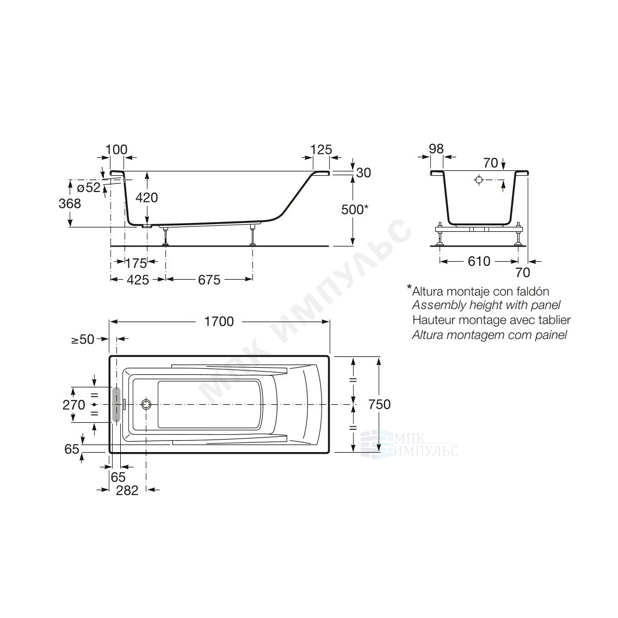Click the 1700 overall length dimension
[219, 322]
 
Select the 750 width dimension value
[380, 404]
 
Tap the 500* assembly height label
[355, 209]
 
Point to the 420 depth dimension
[147, 197]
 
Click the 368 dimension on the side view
[70, 203]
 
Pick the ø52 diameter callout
[89, 187]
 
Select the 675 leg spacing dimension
[209, 280]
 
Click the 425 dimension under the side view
[138, 280]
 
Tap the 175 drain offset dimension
[136, 263]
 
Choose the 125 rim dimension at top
[321, 150]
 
